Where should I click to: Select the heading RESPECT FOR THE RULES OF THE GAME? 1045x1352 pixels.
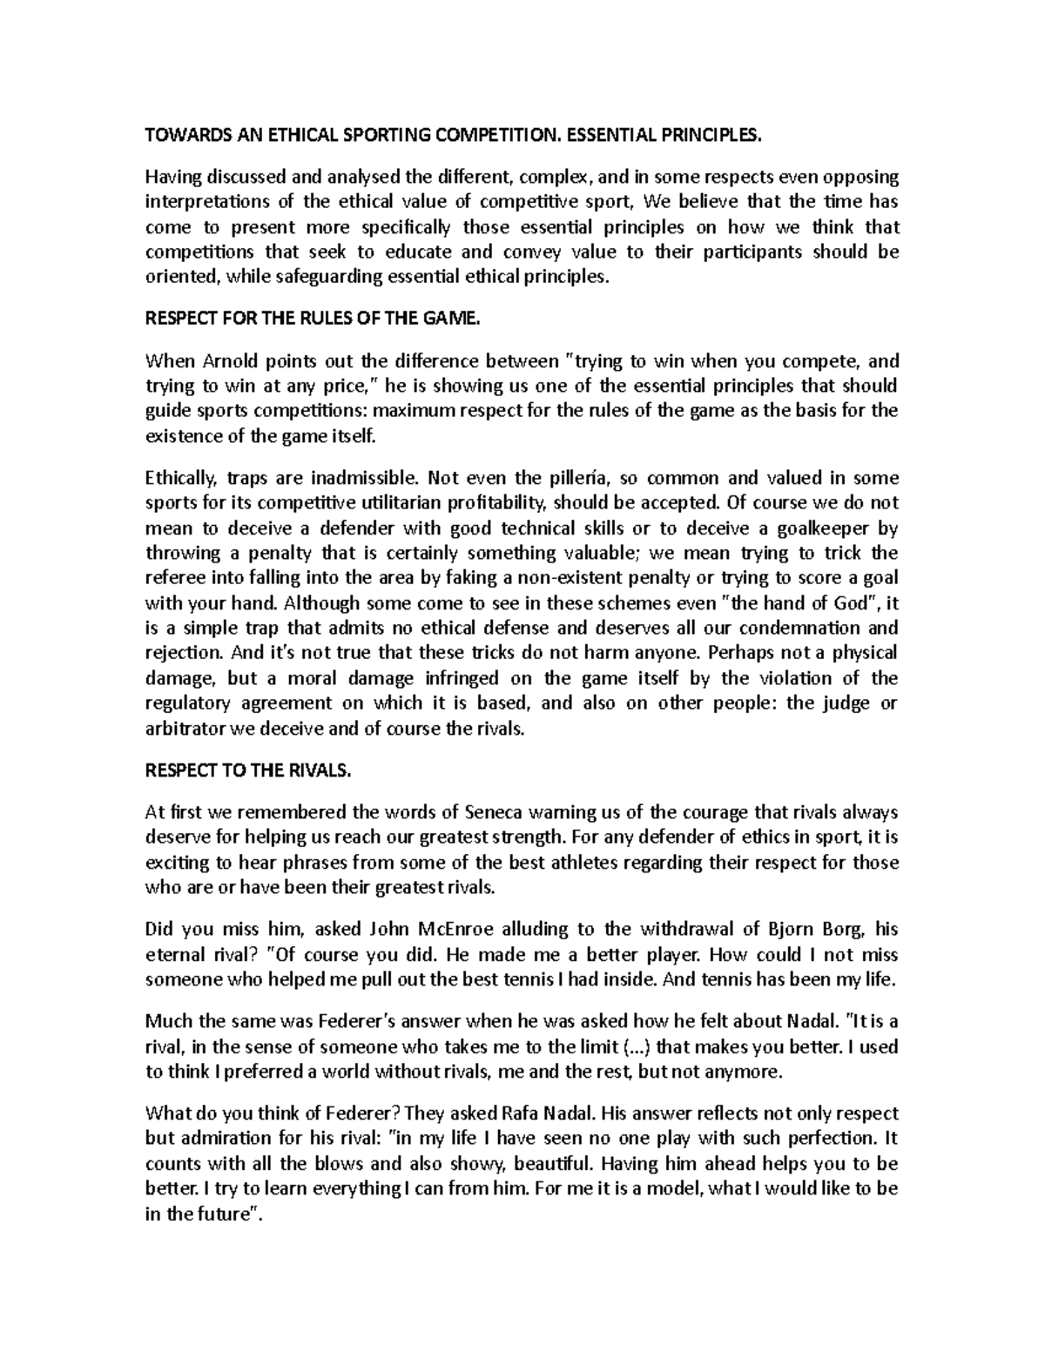tap(313, 319)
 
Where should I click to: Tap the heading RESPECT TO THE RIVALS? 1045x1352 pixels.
tap(248, 770)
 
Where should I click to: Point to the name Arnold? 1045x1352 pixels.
tap(231, 361)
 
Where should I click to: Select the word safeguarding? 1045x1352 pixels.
tap(319, 277)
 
